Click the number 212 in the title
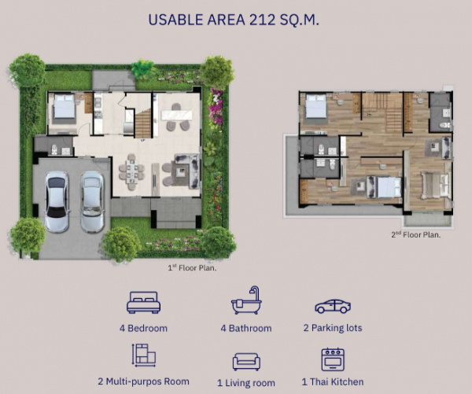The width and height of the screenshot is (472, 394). pos(263,20)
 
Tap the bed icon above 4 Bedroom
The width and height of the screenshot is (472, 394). pos(144,302)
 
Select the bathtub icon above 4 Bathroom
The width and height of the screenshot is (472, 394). pos(246,300)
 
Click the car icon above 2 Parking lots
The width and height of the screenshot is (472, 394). pos(333,306)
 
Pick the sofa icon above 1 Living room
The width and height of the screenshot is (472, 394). pos(246,362)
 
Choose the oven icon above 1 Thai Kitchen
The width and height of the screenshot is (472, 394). pos(333,359)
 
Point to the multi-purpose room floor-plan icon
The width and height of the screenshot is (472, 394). pos(144,355)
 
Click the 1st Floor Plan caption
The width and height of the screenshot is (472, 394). pos(192,267)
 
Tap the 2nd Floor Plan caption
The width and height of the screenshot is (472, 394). pos(415,235)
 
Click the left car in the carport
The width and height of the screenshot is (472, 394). pos(57,201)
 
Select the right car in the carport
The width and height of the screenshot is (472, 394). pos(92,202)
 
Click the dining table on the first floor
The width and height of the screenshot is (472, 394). pos(132,172)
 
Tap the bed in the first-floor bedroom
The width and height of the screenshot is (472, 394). pos(65,106)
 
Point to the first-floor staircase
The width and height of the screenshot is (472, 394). pos(142,123)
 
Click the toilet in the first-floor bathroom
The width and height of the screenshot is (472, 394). pos(54,149)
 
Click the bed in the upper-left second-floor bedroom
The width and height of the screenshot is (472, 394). pos(316,106)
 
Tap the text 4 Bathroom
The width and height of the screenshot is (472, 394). pos(246,328)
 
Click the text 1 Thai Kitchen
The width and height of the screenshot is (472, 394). pos(333,382)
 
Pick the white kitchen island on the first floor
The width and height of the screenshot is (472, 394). pos(177,116)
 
